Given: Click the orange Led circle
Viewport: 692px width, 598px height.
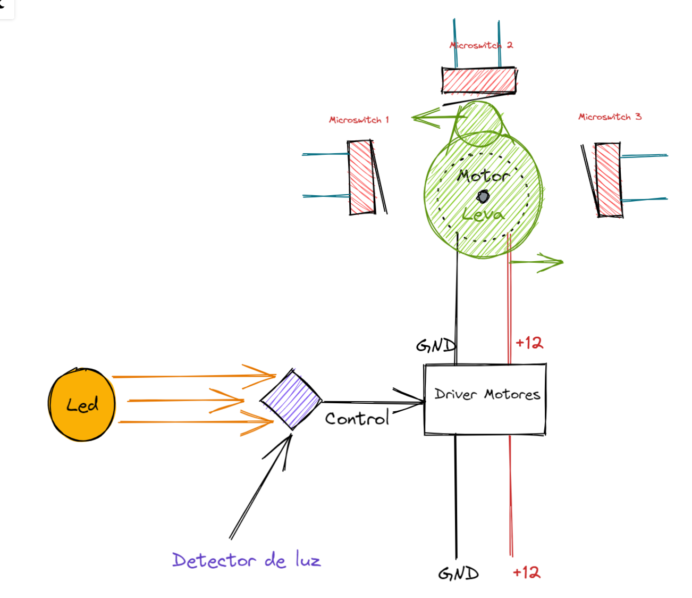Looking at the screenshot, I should pos(81,404).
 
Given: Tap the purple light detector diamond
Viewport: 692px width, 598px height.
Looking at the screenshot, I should pos(291,399).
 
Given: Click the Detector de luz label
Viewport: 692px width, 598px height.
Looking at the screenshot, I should pos(247,560).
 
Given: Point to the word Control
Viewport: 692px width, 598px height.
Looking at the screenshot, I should pos(357,419).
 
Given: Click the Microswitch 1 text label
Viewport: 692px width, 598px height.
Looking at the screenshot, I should pos(359,120).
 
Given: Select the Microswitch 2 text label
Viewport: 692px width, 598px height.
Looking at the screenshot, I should pos(481,45).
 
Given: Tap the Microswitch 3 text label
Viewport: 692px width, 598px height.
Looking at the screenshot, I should pos(610,117).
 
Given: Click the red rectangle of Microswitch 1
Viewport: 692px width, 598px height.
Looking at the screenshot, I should pos(361,177).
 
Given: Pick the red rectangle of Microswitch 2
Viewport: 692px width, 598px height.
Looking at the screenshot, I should pos(479,80).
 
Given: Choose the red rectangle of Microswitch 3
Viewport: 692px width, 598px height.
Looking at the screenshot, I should pos(608,179).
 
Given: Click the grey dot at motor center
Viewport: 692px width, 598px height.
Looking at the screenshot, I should pos(483,197).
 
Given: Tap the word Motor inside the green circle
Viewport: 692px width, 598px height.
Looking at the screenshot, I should pos(483,176).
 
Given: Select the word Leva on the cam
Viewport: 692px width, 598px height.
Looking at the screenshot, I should pos(483,215).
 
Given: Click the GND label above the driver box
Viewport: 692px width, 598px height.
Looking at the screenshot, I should pos(435,346).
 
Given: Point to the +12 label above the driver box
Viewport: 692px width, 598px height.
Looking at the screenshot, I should pos(529,343).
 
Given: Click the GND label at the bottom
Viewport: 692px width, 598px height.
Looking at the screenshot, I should pos(458,573).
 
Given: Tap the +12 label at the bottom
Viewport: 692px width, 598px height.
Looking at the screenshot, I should pos(526,572).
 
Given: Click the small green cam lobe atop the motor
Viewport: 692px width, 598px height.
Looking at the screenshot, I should pos(479,124).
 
